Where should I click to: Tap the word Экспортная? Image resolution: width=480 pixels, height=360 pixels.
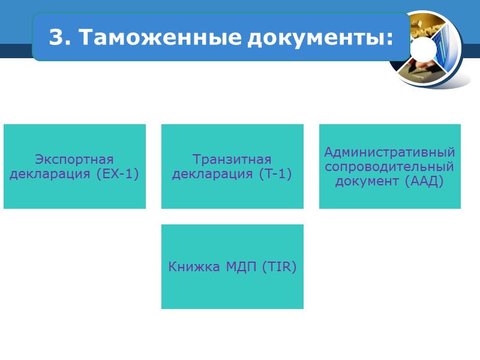pos(74,160)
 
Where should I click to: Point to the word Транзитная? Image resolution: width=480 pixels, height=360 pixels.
pos(232,160)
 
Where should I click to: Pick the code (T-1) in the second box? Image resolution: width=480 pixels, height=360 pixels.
pos(276,174)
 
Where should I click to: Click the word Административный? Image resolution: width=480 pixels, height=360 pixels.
pos(389,152)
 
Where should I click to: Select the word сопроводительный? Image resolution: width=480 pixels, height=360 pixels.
pos(389,166)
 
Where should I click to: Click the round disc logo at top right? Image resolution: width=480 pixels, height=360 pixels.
pos(427,49)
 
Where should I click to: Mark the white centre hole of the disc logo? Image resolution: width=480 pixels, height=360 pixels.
pos(428,47)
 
